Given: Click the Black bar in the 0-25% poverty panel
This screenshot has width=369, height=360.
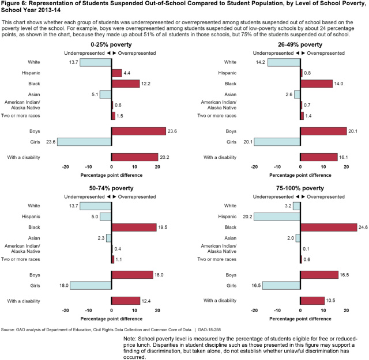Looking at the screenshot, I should [126, 84].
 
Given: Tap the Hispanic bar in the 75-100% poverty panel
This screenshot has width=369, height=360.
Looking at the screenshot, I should [277, 217].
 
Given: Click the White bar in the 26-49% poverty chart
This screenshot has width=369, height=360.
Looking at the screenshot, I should [284, 62].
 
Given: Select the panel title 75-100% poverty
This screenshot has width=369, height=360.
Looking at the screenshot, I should [300, 188].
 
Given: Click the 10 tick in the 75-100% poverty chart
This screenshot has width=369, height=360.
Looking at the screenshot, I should [323, 310].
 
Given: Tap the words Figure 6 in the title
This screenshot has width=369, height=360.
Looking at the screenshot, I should [14, 4].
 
